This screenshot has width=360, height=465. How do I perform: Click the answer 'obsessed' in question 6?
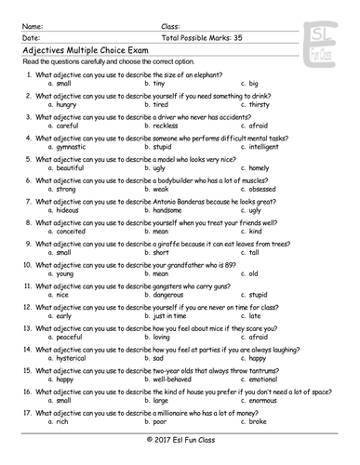coord(266,190)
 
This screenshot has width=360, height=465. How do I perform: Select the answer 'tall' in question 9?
coord(254,252)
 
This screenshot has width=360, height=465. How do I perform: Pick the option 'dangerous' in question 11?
coord(170,295)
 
